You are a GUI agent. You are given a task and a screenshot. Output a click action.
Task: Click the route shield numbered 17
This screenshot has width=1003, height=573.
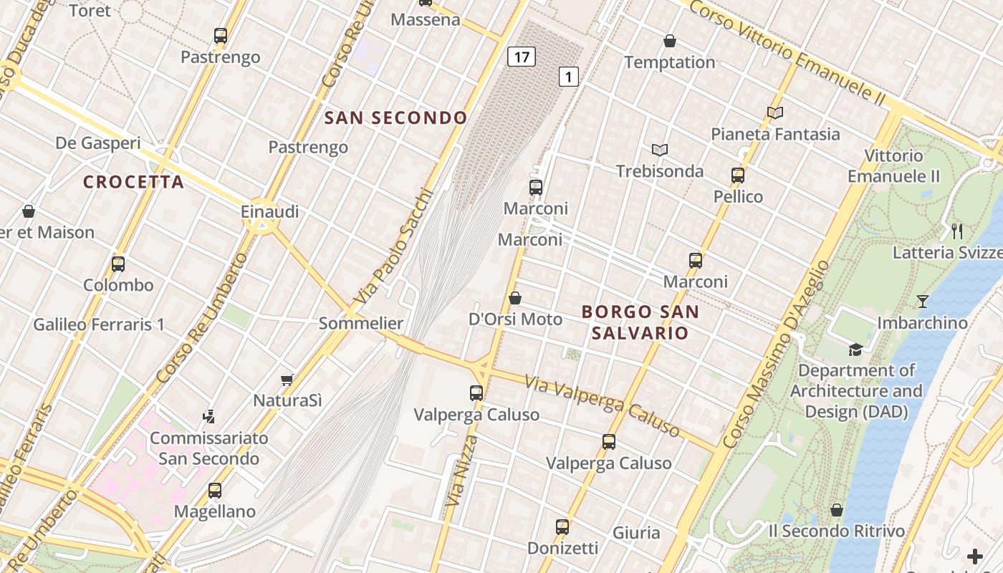tap(522, 56)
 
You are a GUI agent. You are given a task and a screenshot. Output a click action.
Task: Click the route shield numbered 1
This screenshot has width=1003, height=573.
tap(568, 77)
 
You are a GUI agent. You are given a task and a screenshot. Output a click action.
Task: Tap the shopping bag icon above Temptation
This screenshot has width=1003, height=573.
tap(670, 41)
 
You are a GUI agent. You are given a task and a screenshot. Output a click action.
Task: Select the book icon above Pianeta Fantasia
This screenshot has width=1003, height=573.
tap(774, 112)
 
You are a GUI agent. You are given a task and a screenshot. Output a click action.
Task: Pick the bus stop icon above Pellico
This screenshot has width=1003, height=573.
tap(738, 175)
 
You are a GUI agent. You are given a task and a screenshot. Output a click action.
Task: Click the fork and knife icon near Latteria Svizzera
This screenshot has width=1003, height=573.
tap(957, 231)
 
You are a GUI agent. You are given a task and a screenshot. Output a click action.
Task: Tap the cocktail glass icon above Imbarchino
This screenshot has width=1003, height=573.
tap(923, 302)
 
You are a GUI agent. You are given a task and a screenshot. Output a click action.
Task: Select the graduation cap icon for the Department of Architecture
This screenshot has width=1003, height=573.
tap(855, 350)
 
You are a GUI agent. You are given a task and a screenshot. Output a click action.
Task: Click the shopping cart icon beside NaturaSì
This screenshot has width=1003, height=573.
tap(287, 380)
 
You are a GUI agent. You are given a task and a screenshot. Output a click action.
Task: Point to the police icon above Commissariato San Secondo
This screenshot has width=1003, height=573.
tap(208, 416)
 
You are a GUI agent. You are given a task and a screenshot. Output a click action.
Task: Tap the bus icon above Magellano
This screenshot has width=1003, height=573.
tap(215, 491)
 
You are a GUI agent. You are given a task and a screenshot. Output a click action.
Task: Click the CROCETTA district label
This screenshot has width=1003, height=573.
tap(134, 182)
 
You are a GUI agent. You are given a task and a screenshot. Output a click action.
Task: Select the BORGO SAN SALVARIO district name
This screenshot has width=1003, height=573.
tap(640, 322)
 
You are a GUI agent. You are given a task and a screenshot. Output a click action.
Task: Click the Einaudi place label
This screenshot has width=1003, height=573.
tap(270, 212)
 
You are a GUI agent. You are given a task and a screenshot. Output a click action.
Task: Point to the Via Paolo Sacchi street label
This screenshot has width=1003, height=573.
tap(395, 245)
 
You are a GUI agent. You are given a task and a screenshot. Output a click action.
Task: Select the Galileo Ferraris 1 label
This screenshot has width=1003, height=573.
tap(99, 324)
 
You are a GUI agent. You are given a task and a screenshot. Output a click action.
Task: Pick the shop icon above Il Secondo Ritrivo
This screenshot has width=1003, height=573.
tap(836, 510)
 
